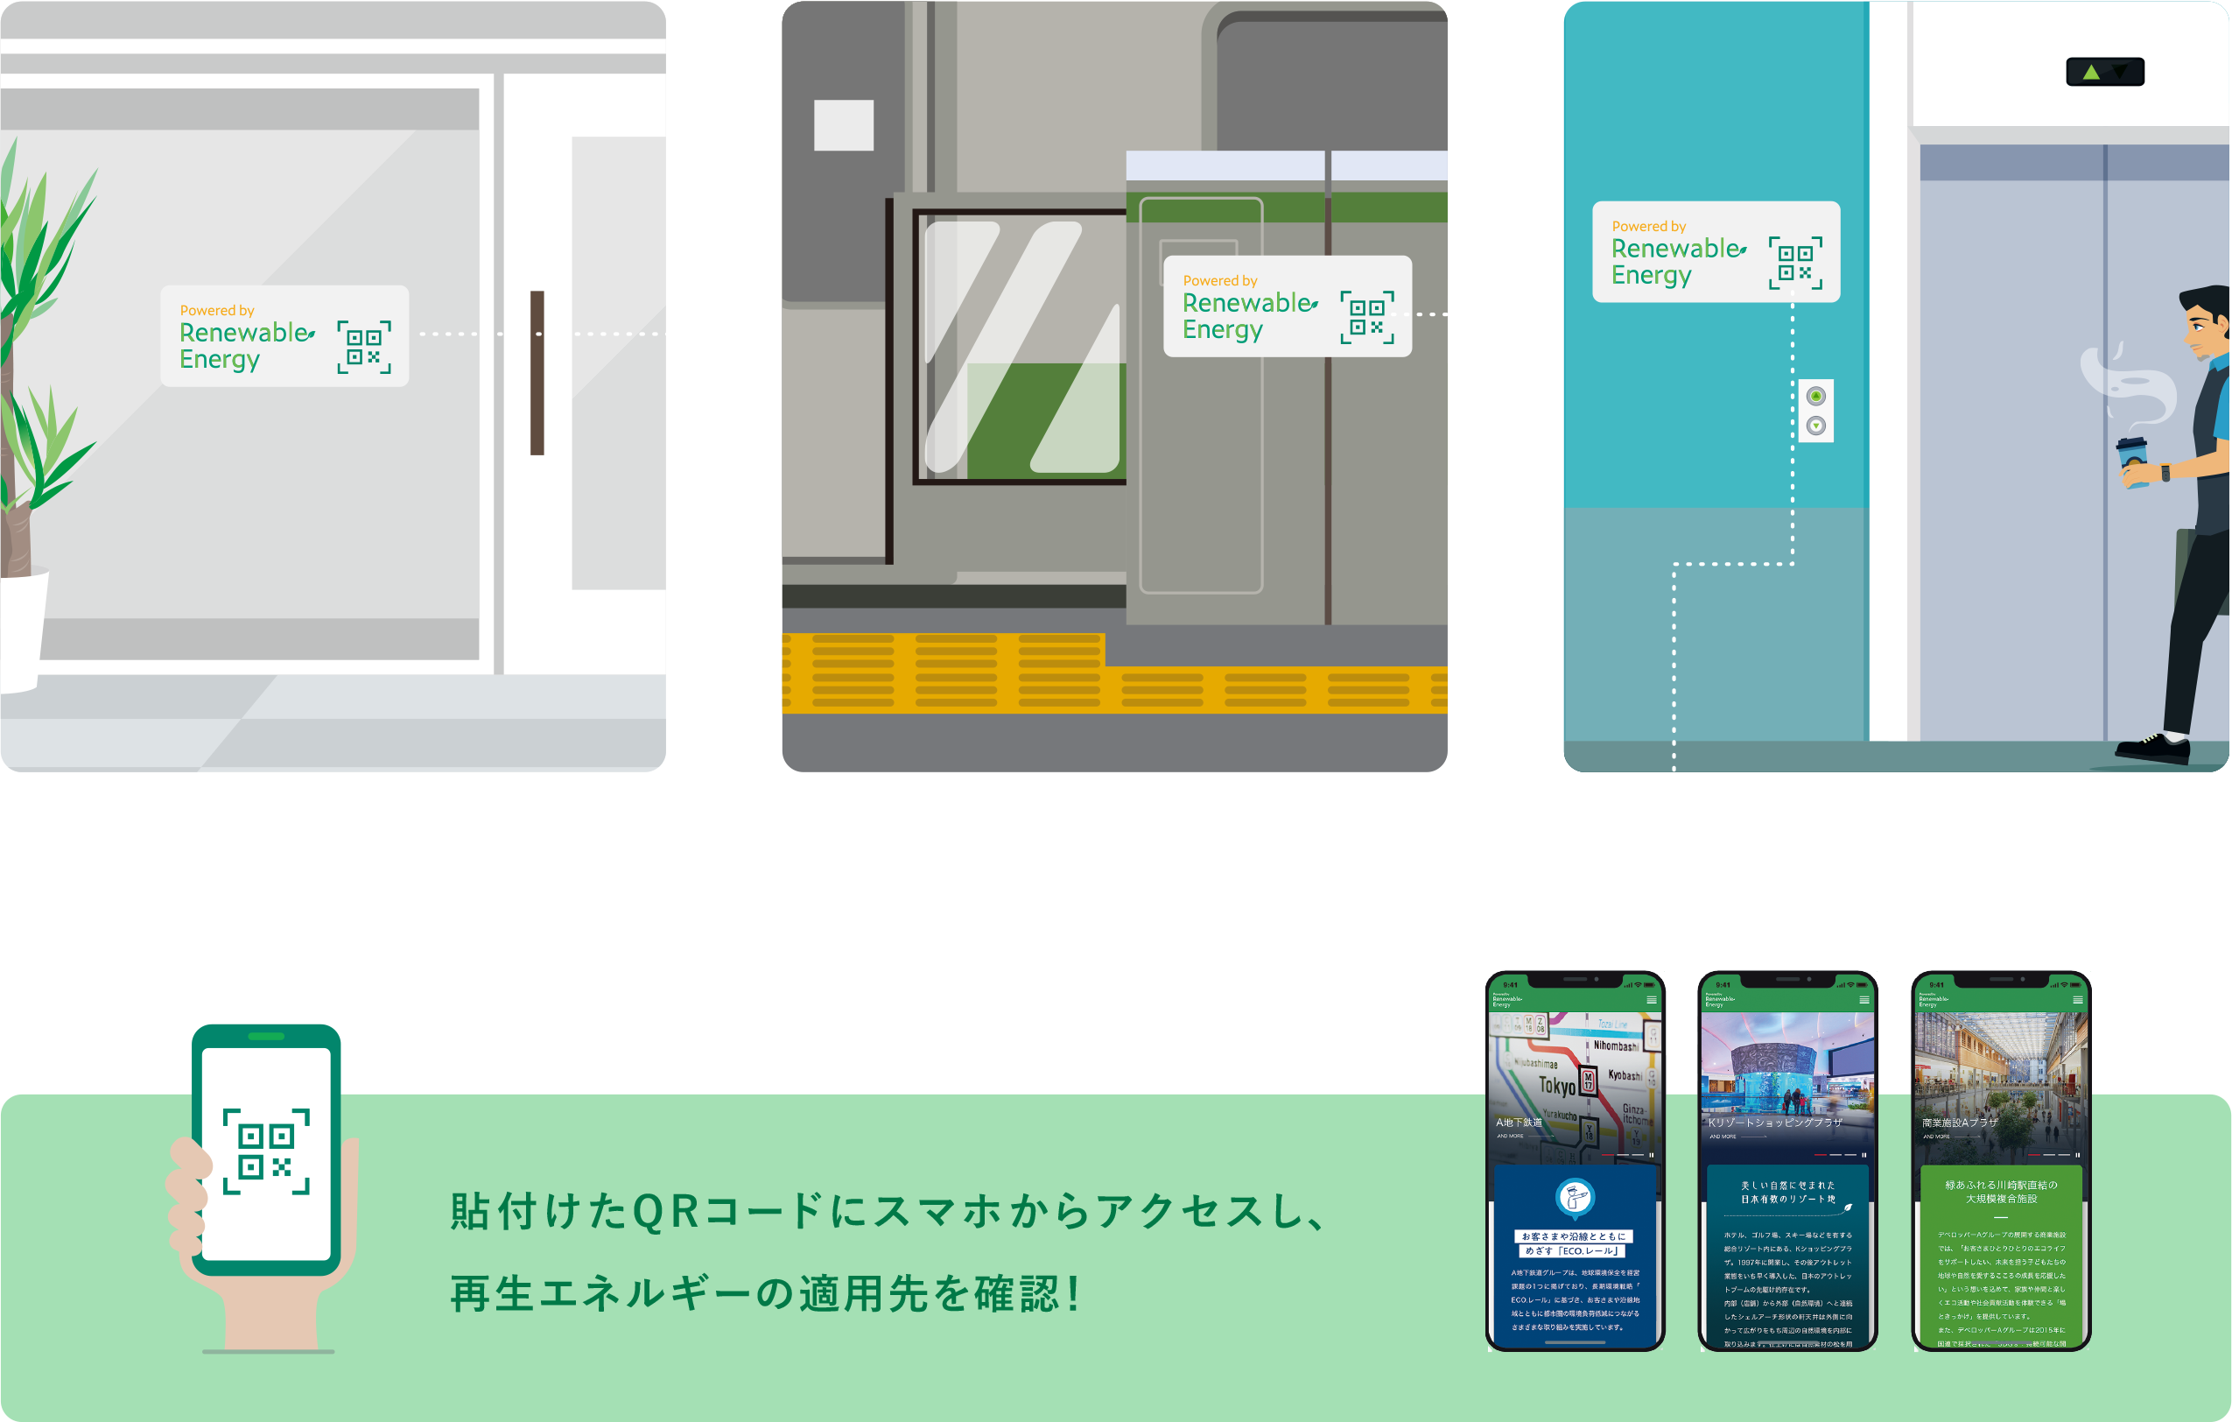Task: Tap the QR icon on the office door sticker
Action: coord(364,348)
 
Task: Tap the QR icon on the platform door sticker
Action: coord(1367,318)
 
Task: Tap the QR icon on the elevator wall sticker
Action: coord(1795,263)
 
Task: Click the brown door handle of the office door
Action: coord(537,373)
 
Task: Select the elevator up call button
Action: coord(1816,397)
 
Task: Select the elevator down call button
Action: coord(1816,426)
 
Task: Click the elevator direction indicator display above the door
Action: coord(2105,72)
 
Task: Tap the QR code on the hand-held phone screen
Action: coord(266,1151)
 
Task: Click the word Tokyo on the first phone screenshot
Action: coord(1557,1086)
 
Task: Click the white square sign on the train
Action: coord(844,125)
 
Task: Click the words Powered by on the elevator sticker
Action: coord(1649,226)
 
